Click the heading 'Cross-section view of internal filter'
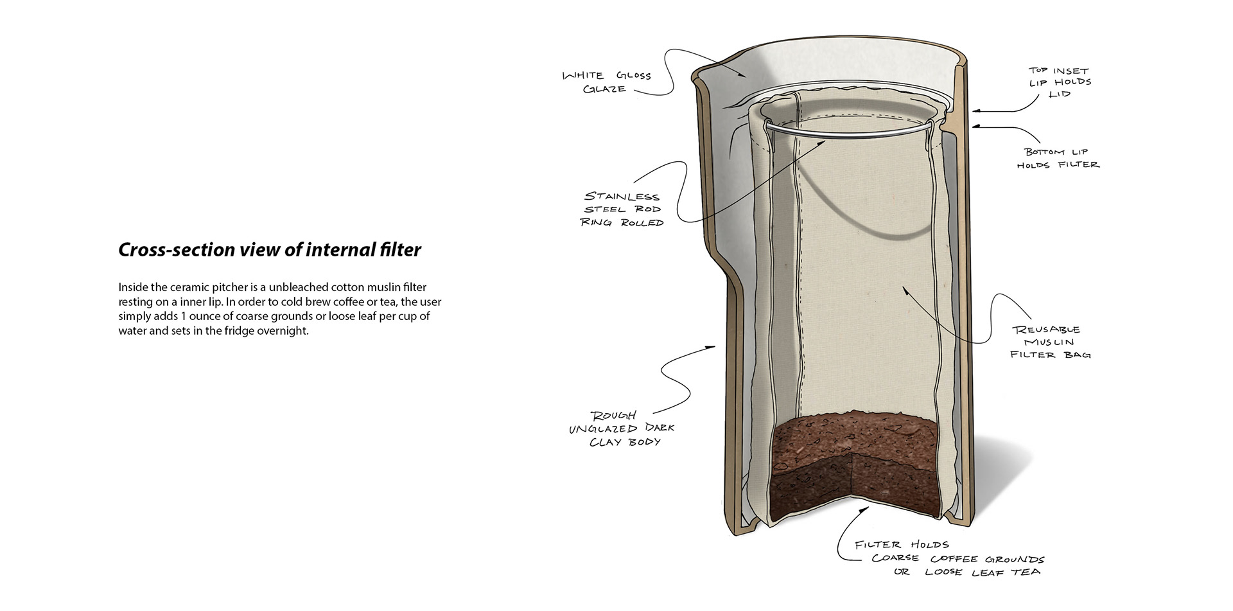coord(270,250)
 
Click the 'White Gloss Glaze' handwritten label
coord(607,82)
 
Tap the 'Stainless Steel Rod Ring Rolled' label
coord(622,209)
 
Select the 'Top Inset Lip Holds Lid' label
coord(1060,82)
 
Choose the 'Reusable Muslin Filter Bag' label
coord(1051,342)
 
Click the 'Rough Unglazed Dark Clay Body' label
coord(622,429)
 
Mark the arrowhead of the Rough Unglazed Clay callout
coord(711,348)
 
